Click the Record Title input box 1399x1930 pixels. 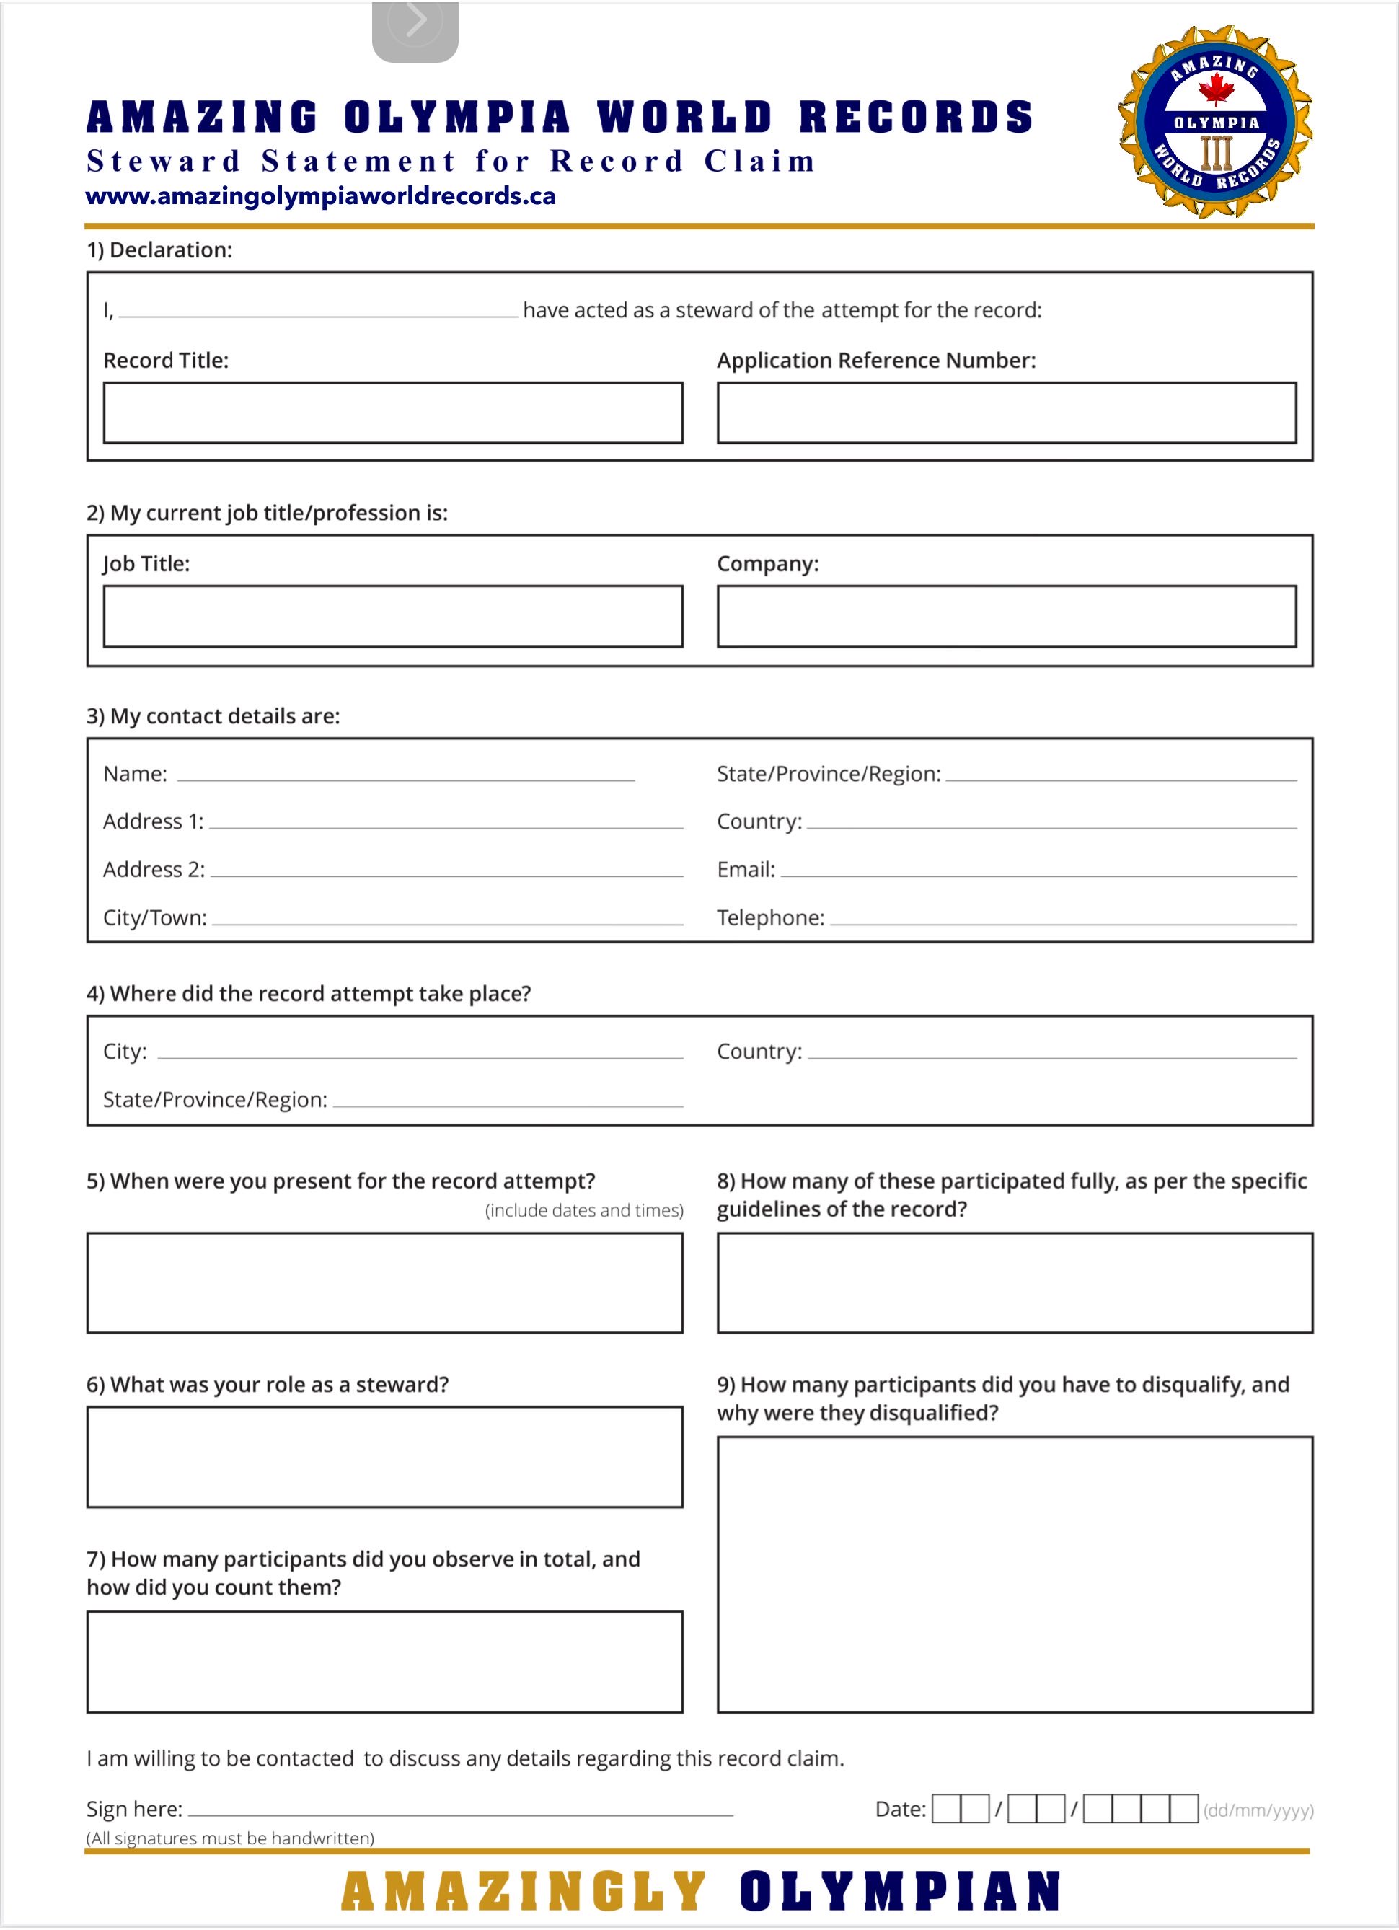click(392, 413)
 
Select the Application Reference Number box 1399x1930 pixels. click(1006, 413)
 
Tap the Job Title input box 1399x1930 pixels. click(392, 616)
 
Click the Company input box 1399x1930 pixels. click(1006, 616)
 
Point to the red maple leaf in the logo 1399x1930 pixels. click(1216, 88)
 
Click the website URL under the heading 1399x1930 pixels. click(321, 197)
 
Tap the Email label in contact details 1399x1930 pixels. click(746, 869)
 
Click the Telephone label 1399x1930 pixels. click(770, 917)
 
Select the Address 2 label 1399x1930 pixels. click(154, 869)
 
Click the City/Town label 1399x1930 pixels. click(155, 917)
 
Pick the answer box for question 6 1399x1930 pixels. click(384, 1457)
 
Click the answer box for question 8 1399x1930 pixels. click(1015, 1282)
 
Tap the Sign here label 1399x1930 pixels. click(134, 1808)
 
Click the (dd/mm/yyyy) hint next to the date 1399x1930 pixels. click(1258, 1810)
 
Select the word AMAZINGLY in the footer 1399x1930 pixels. click(524, 1892)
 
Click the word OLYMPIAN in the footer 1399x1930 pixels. click(899, 1892)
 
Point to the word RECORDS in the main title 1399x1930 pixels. click(916, 118)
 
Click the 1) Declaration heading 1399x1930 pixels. click(159, 250)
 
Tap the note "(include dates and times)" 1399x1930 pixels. click(584, 1210)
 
